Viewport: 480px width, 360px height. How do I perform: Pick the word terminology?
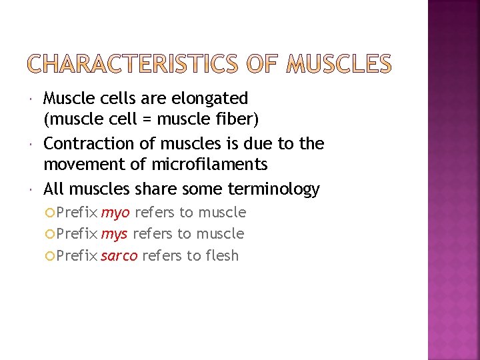point(273,189)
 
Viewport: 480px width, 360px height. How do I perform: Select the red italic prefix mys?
point(114,235)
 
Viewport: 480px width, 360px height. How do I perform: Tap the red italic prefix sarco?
point(119,256)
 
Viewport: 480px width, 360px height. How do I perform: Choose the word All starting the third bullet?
point(54,189)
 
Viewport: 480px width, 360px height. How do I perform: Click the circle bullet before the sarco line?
point(51,256)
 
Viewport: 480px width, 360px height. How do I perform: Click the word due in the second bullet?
point(255,144)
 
